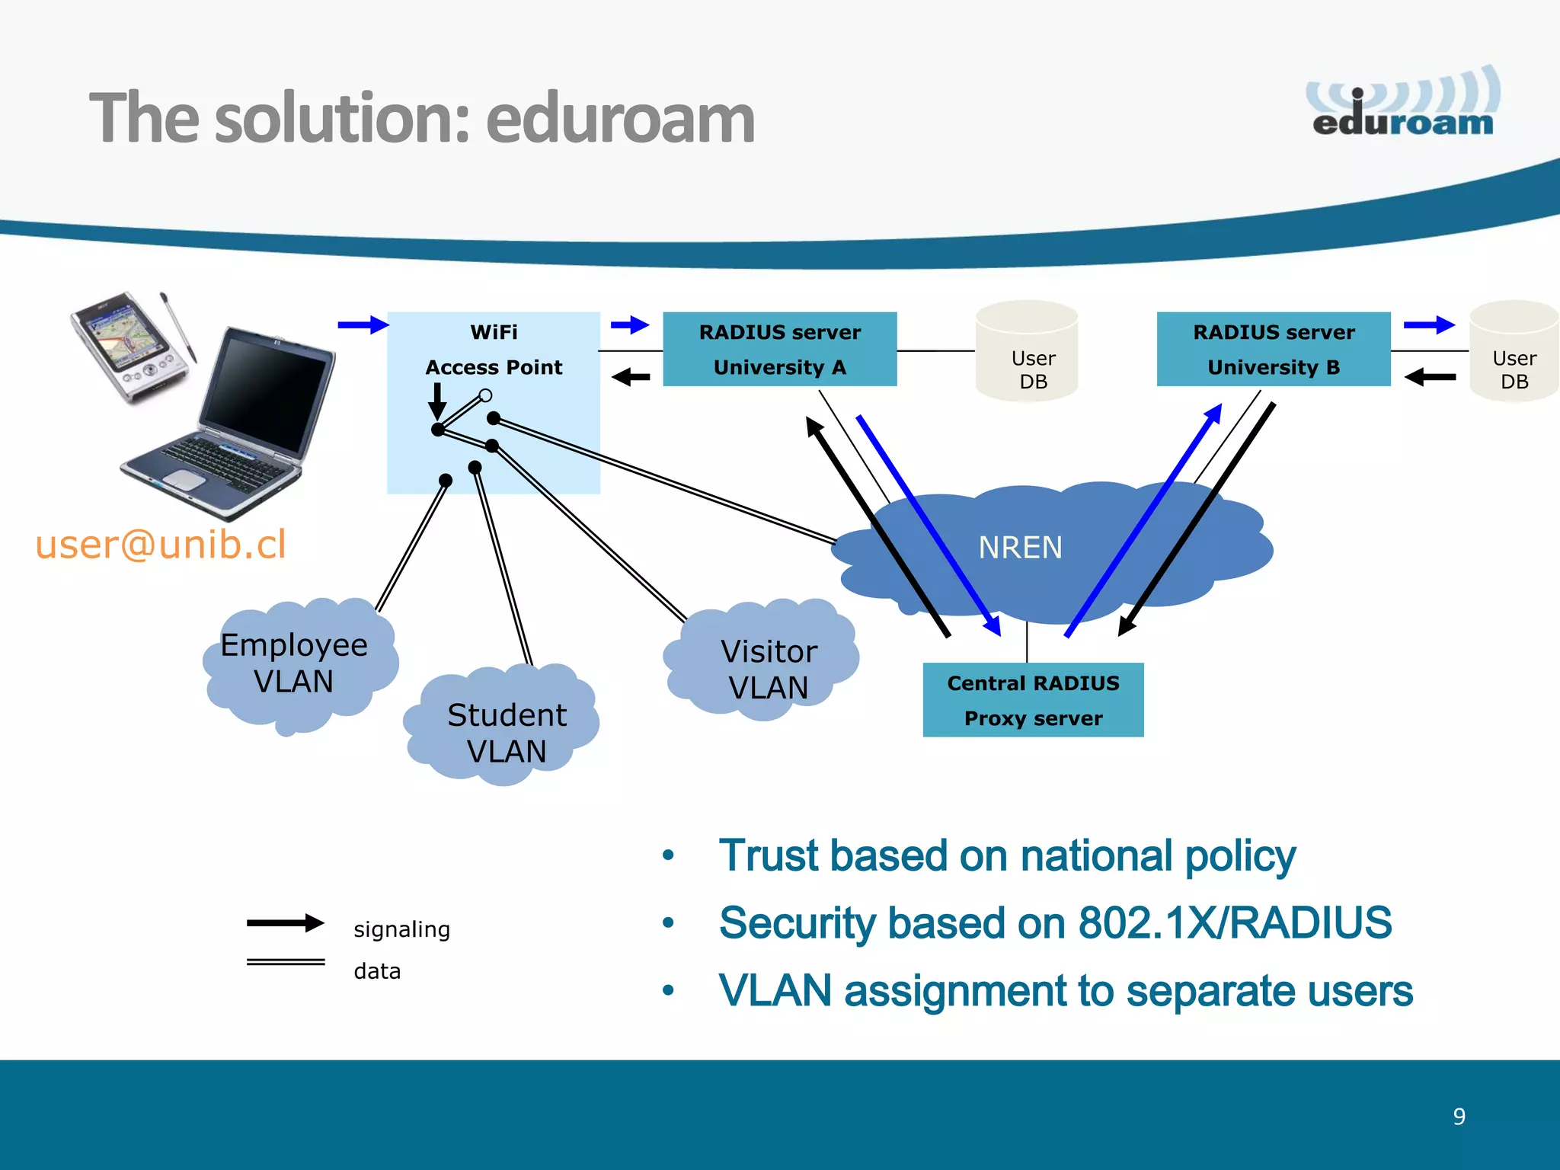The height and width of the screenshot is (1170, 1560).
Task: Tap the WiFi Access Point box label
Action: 494,350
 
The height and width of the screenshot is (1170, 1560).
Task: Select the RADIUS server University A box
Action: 779,350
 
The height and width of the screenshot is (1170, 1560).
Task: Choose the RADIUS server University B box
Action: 1273,350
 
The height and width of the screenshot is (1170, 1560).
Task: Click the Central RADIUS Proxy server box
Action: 1033,700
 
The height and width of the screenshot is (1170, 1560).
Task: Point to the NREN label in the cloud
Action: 1020,548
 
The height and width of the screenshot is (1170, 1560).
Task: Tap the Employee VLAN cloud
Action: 295,663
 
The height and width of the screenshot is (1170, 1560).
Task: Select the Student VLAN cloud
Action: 506,732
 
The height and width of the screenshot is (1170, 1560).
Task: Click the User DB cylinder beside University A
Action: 1027,353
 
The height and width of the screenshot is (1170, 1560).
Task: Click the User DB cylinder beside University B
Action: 1514,353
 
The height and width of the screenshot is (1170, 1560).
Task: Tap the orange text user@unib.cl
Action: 161,544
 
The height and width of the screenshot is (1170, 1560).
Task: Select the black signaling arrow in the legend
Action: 285,923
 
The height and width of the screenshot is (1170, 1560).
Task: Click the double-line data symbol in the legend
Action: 285,962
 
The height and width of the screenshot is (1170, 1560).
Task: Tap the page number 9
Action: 1459,1117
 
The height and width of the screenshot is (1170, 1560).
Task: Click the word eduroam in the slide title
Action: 620,119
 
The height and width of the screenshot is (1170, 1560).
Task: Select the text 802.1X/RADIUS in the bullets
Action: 1235,923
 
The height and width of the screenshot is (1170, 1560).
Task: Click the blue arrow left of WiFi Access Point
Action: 363,325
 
